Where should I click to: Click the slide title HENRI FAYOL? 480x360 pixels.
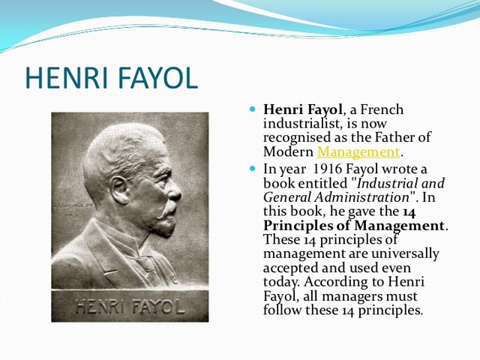tap(111, 77)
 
